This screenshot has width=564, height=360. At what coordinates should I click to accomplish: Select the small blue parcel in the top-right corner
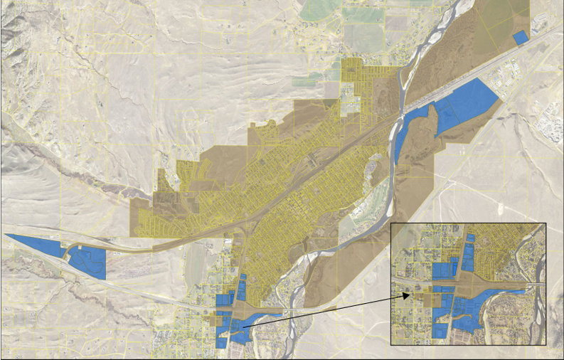[x=521, y=37]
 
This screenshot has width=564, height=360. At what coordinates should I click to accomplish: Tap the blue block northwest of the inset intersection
[x=442, y=271]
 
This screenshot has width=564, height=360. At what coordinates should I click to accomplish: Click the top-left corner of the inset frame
[x=392, y=223]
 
